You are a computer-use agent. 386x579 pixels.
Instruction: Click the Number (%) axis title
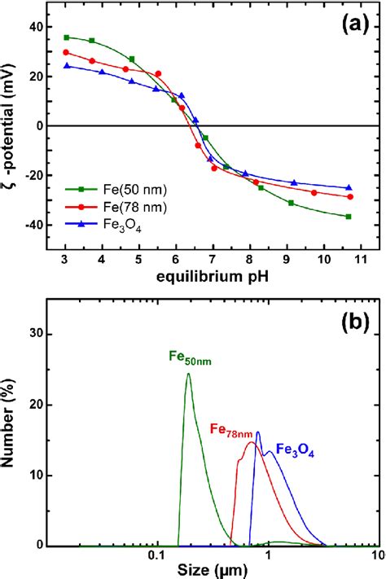(12, 412)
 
